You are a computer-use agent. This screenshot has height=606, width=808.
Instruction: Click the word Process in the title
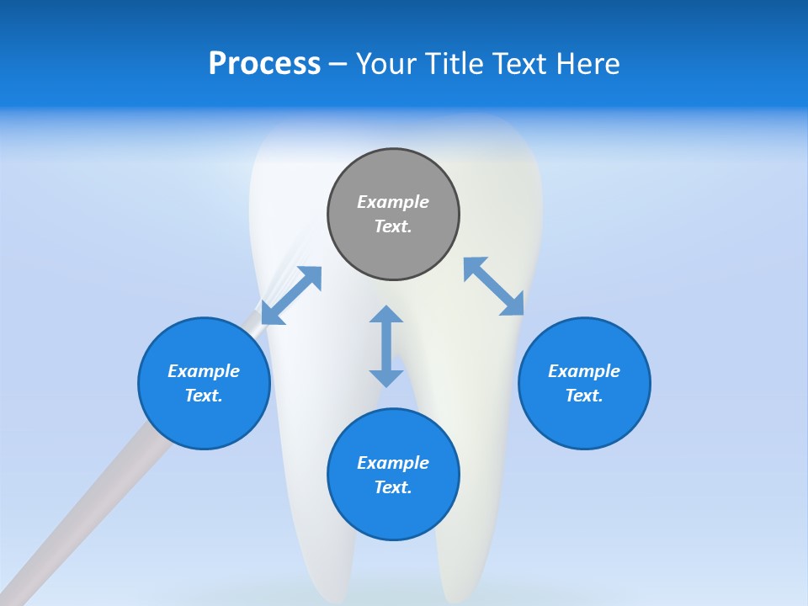(264, 63)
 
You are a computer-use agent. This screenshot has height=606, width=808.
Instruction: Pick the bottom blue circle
(393, 513)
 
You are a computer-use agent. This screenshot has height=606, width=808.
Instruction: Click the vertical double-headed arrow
(386, 346)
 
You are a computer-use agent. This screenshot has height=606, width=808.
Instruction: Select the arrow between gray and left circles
(291, 295)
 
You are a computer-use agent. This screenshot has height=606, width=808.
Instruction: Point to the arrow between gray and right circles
(494, 286)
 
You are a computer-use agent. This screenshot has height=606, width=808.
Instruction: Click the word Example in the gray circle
(393, 202)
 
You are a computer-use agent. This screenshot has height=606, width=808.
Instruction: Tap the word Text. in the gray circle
(393, 226)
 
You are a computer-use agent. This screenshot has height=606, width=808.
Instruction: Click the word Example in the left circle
(204, 371)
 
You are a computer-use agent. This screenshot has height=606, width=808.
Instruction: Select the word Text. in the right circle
(584, 396)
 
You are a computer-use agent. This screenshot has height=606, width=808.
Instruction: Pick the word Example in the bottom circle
(393, 463)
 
